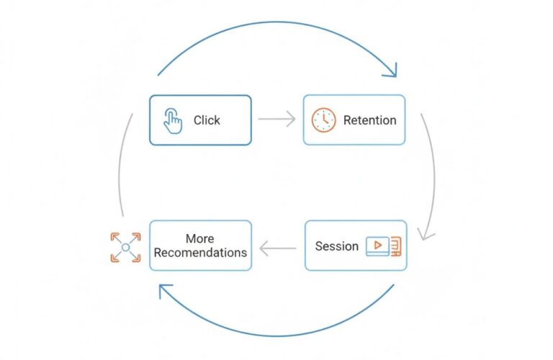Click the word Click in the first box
pos(207,120)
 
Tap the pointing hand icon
pos(173,121)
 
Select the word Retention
pos(369,120)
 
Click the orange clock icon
pos(323,120)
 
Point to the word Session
pos(336,246)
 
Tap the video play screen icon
pos(383,246)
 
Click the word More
pos(199,239)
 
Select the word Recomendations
pos(200,253)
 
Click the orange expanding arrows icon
pos(125,247)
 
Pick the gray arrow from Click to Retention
pos(276,119)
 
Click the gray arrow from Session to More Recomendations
pos(277,248)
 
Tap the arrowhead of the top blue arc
pos(390,70)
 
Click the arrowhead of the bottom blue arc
pos(166,292)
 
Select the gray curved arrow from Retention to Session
pos(433,176)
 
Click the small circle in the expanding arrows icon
pos(125,247)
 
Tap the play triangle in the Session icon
pos(378,245)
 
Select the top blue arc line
pos(277,22)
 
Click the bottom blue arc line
pos(277,336)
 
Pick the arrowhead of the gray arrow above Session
pos(426,235)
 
